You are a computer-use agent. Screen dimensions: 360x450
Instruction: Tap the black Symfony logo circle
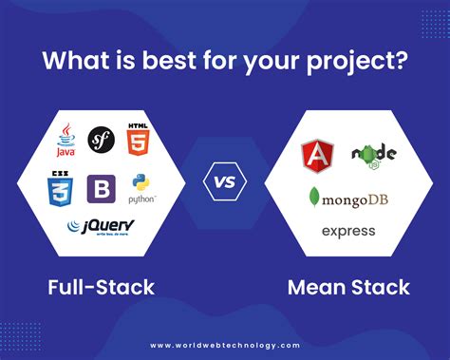coord(102,142)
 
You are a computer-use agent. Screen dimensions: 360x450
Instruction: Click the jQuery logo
coord(100,228)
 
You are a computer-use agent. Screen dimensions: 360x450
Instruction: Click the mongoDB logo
coord(347,197)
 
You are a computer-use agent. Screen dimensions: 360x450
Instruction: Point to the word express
coord(348,231)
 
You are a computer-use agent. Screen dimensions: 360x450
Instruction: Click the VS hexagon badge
coord(225,180)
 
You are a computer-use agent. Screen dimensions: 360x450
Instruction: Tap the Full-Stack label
coord(101,286)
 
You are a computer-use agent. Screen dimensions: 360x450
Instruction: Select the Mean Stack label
coord(348,286)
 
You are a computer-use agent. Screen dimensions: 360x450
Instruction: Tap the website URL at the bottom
coord(225,345)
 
